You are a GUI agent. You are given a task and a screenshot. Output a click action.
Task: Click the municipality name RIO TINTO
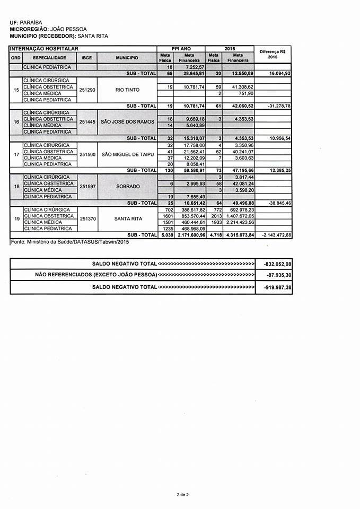click(127, 90)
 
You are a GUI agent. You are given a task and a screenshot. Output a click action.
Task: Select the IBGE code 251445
click(87, 122)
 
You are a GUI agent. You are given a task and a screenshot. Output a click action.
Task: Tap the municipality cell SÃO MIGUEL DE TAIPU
click(127, 154)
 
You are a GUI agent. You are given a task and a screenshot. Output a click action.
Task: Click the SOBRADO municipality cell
click(127, 187)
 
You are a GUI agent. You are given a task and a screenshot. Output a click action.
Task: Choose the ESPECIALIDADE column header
click(49, 57)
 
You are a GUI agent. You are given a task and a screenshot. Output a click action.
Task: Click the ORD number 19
click(16, 219)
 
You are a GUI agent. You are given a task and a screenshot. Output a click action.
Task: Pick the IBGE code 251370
click(87, 219)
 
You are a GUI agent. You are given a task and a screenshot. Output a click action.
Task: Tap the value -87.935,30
click(279, 275)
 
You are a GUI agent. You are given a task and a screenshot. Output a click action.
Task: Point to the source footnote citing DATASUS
click(69, 242)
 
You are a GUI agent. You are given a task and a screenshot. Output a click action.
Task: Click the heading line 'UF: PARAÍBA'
click(25, 23)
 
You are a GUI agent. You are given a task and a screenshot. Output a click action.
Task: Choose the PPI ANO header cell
click(181, 49)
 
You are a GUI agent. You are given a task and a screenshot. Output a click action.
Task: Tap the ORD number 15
click(16, 90)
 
